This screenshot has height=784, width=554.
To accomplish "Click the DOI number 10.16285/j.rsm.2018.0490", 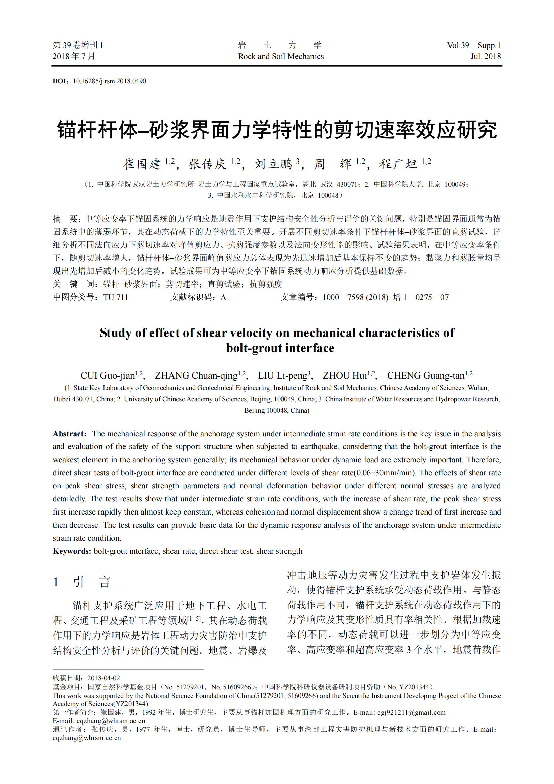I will pyautogui.click(x=110, y=81).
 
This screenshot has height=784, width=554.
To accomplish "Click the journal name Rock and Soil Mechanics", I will pyautogui.click(x=281, y=56).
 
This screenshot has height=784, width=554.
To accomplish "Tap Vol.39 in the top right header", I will pyautogui.click(x=458, y=45).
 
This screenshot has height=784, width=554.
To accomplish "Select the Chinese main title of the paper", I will pyautogui.click(x=277, y=130).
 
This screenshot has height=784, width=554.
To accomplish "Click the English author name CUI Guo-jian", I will pyautogui.click(x=108, y=376).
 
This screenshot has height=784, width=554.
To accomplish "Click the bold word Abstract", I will pyautogui.click(x=69, y=434).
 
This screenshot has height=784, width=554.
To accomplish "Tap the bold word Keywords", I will pyautogui.click(x=72, y=551).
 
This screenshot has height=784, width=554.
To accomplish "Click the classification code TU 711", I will pyautogui.click(x=116, y=297).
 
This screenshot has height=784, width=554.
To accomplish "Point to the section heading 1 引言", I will pyautogui.click(x=82, y=582).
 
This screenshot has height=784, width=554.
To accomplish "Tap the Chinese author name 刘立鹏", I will pyautogui.click(x=274, y=164).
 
